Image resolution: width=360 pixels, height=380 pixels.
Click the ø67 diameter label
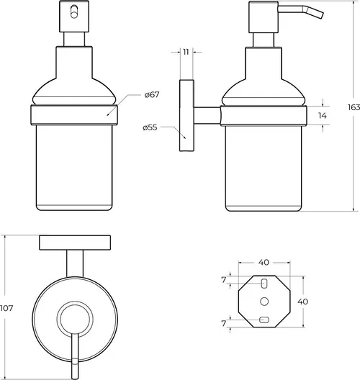[x=152, y=94]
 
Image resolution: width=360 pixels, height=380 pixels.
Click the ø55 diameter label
[x=150, y=127]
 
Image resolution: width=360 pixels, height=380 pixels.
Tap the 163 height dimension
[x=354, y=107]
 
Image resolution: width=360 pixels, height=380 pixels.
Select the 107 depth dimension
[x=6, y=308]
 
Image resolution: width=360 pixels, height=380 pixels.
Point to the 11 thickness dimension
[x=186, y=52]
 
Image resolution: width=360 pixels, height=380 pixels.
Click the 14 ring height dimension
[x=322, y=116]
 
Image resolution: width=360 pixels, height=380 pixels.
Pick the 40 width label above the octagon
[x=264, y=262]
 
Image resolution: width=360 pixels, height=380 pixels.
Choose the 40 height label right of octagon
[x=303, y=302]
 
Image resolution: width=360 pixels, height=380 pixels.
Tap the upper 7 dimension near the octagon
[x=224, y=280]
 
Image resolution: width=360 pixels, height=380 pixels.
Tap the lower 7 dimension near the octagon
[x=224, y=323]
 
